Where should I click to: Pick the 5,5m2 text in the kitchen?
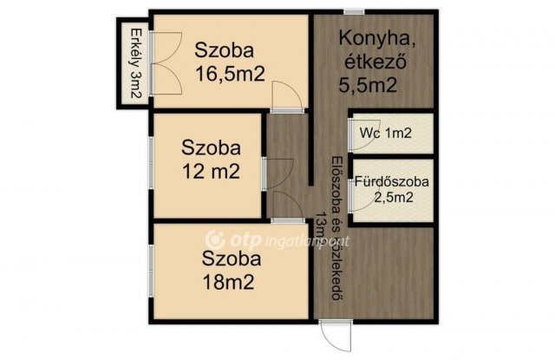(x=368, y=85)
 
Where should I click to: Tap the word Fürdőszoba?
(x=391, y=182)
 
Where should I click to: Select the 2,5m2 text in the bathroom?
(x=393, y=197)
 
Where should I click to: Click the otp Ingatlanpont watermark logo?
(x=251, y=235)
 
